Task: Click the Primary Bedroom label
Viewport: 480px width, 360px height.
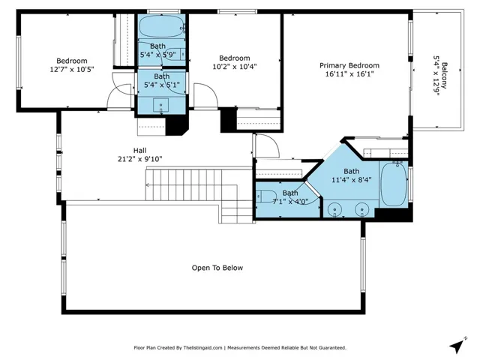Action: [x=349, y=65]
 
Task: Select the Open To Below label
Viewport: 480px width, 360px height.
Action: [x=217, y=268]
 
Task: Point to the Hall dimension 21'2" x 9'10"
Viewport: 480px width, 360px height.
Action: [x=140, y=159]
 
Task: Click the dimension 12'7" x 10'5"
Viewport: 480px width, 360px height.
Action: [x=72, y=70]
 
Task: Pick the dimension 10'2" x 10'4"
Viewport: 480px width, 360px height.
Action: [x=235, y=67]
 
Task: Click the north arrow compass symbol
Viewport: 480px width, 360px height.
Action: [x=457, y=345]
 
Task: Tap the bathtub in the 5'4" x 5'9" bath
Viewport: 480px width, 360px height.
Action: [x=162, y=27]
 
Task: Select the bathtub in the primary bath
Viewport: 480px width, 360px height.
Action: [x=394, y=184]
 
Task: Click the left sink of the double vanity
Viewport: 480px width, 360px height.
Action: [x=334, y=210]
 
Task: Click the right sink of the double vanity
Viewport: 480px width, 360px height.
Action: [x=361, y=210]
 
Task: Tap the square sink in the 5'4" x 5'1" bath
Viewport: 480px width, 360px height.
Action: [x=160, y=106]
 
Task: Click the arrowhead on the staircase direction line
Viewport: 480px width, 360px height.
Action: [x=148, y=185]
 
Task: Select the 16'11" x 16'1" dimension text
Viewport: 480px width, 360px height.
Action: [x=349, y=73]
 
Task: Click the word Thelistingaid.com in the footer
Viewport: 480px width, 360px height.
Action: [x=202, y=348]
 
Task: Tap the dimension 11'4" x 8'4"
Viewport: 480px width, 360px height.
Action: [x=352, y=180]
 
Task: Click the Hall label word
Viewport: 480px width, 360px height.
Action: [x=140, y=151]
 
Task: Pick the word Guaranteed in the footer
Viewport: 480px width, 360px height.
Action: [x=333, y=348]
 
